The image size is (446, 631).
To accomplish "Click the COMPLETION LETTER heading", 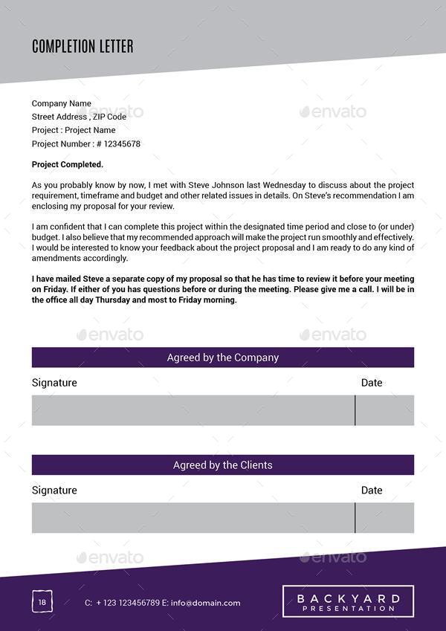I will (x=83, y=47).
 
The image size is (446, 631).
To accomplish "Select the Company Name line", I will (x=62, y=103).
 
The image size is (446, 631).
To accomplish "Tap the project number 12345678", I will (x=122, y=143).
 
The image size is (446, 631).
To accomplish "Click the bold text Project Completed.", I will (x=68, y=164).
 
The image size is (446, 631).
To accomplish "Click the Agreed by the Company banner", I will (x=223, y=357).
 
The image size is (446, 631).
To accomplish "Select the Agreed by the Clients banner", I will (x=223, y=465).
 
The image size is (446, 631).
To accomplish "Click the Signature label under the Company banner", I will (x=54, y=383).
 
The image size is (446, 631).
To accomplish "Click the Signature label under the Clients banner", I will (x=54, y=491).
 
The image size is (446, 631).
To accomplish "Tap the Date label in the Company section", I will (x=372, y=383).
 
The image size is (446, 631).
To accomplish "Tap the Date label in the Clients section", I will (x=372, y=491).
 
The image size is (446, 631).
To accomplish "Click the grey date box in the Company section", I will (x=385, y=410).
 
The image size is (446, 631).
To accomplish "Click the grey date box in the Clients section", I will (x=385, y=518).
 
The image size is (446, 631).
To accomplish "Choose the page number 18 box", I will (x=42, y=602).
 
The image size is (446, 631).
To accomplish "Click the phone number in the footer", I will (x=127, y=603).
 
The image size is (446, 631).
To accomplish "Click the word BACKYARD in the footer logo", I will (x=349, y=598).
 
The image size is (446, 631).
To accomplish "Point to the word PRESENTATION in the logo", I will (x=349, y=609).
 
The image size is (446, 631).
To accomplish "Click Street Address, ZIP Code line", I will (x=79, y=117).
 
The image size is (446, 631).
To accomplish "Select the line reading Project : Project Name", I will (x=74, y=130).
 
